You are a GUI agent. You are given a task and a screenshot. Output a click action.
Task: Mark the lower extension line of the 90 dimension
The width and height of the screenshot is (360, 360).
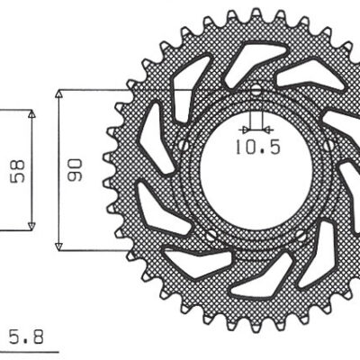[99, 249]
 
